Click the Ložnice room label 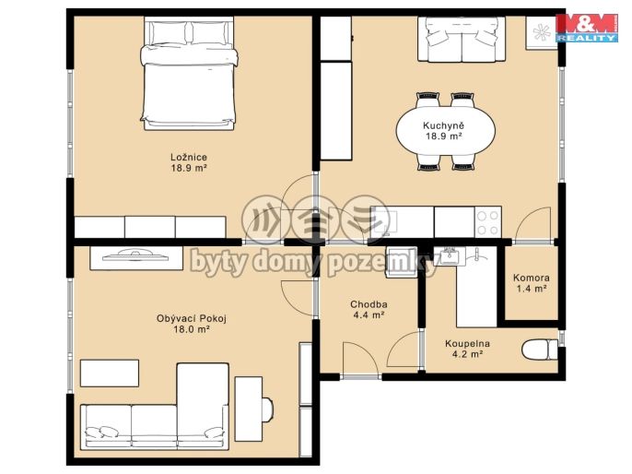click(x=189, y=158)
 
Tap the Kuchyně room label click(x=443, y=125)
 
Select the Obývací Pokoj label click(x=192, y=318)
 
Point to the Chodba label click(x=369, y=304)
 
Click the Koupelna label click(x=467, y=344)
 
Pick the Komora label click(x=532, y=278)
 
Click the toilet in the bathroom click(x=540, y=350)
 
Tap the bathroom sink click(x=450, y=256)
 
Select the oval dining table click(x=445, y=131)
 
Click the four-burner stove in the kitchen click(x=487, y=222)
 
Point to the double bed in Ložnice click(x=189, y=74)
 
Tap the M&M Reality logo click(x=587, y=28)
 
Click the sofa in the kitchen click(x=462, y=39)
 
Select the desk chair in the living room click(x=267, y=409)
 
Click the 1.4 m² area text click(x=532, y=289)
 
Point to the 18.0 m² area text click(x=191, y=329)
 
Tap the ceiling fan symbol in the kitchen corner click(x=542, y=32)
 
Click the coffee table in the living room click(x=110, y=373)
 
